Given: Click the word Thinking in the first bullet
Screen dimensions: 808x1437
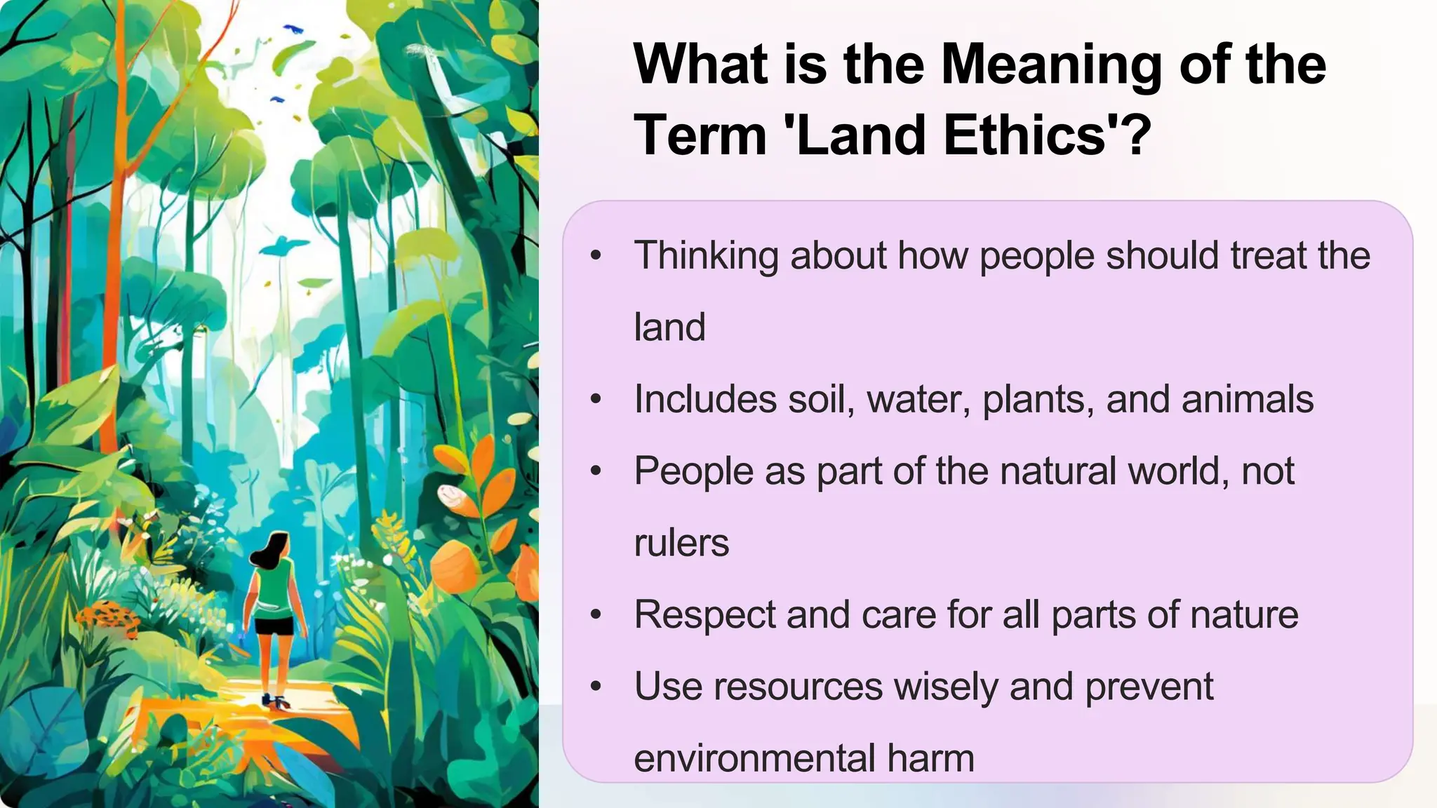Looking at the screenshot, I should click(x=706, y=255).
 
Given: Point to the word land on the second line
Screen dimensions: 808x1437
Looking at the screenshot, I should click(x=669, y=328).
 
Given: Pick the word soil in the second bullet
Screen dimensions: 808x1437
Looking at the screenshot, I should click(x=822, y=399).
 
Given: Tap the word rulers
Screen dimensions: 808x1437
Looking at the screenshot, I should click(x=681, y=543).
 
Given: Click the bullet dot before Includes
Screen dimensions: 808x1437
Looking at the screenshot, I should click(x=596, y=400).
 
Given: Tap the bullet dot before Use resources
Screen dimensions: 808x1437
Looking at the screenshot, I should click(x=596, y=687).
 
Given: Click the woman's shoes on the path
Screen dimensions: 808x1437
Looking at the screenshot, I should click(x=276, y=701).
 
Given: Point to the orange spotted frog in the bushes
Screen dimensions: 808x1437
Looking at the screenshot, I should click(x=109, y=617).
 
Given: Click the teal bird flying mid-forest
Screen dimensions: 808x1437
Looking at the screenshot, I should click(x=283, y=245).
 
